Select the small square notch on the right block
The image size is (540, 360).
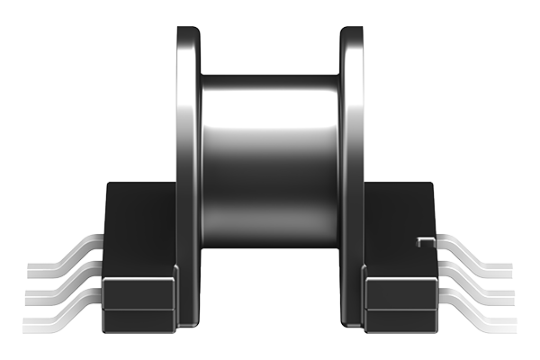(x=421, y=240)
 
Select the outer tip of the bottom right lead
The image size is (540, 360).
(x=508, y=323)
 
